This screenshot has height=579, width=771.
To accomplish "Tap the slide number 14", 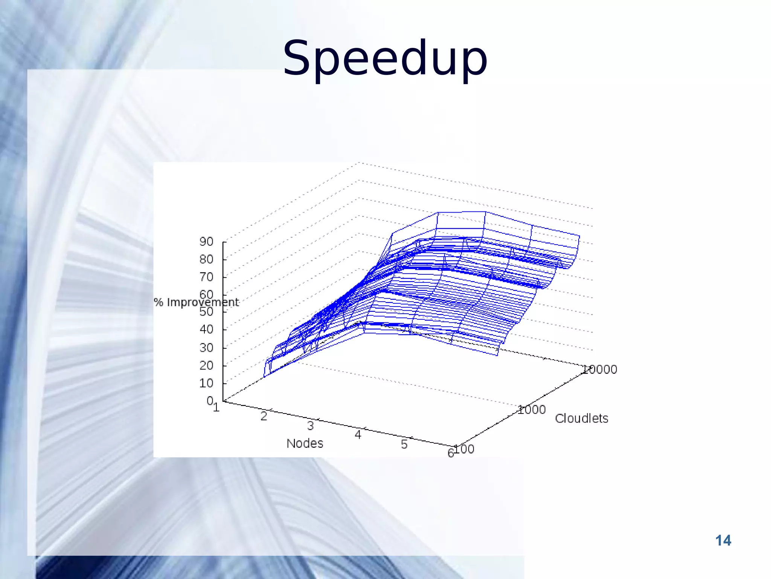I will pos(723,541).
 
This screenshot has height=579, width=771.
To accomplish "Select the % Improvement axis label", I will pos(196,302).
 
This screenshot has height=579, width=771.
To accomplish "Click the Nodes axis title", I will pos(305,443).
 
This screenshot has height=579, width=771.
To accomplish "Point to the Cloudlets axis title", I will pos(581,418).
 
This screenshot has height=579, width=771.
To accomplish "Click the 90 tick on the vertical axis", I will pos(206,242).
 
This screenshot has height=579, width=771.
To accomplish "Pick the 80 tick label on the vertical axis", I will pos(206,259).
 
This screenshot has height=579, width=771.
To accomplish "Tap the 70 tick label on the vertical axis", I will pos(206,277).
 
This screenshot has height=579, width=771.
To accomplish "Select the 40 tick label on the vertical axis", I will pos(206,329).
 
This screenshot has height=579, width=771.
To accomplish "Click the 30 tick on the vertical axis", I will pos(206,348).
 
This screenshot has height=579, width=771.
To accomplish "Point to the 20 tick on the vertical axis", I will pos(206,365).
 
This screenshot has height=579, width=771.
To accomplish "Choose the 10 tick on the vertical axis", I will pos(206,383).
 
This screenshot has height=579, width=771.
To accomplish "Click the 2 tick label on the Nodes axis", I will pos(264,416).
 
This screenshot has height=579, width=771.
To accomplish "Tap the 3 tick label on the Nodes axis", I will pos(310,426).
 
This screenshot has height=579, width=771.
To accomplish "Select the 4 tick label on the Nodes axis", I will pos(358,435).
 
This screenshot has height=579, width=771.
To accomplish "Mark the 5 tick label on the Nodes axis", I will pos(404,444).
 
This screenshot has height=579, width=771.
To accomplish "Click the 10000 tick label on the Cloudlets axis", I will pos(599,369).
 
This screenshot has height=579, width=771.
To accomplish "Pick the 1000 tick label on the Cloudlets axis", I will pos(532,410).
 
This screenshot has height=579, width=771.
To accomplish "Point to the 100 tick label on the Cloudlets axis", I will pos(464,449).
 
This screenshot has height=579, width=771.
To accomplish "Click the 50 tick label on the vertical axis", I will pos(206,312).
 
